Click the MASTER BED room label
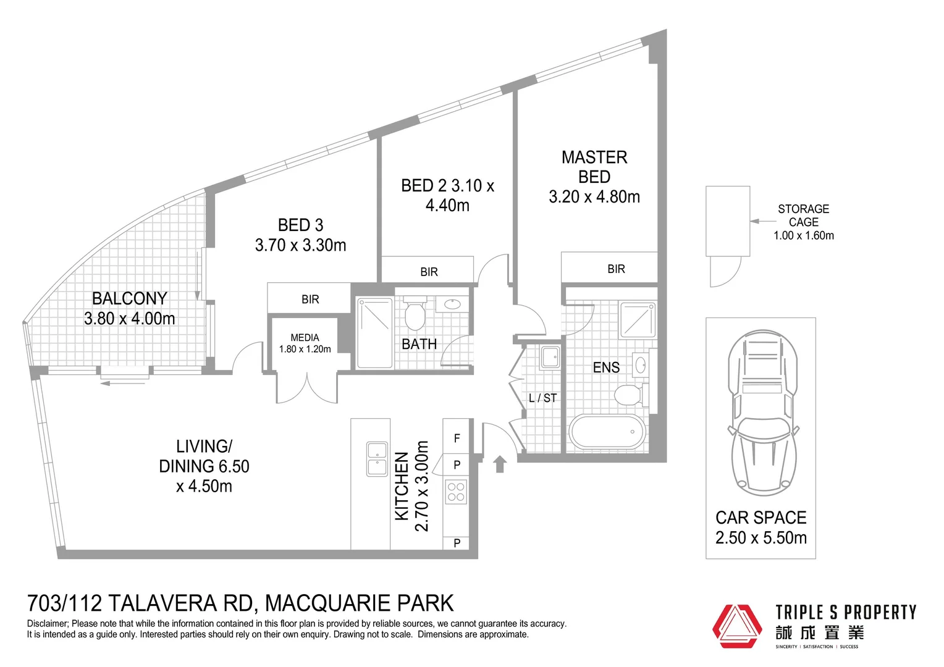594,167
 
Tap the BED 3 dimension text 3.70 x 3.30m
300,245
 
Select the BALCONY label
129,298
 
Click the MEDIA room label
305,338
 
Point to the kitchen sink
377,459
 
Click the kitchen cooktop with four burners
456,492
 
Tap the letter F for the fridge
457,438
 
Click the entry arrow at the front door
500,464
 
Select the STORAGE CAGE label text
803,216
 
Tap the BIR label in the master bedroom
616,269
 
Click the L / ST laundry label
542,398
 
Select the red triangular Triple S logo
737,626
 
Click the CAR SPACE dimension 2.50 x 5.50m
761,538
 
